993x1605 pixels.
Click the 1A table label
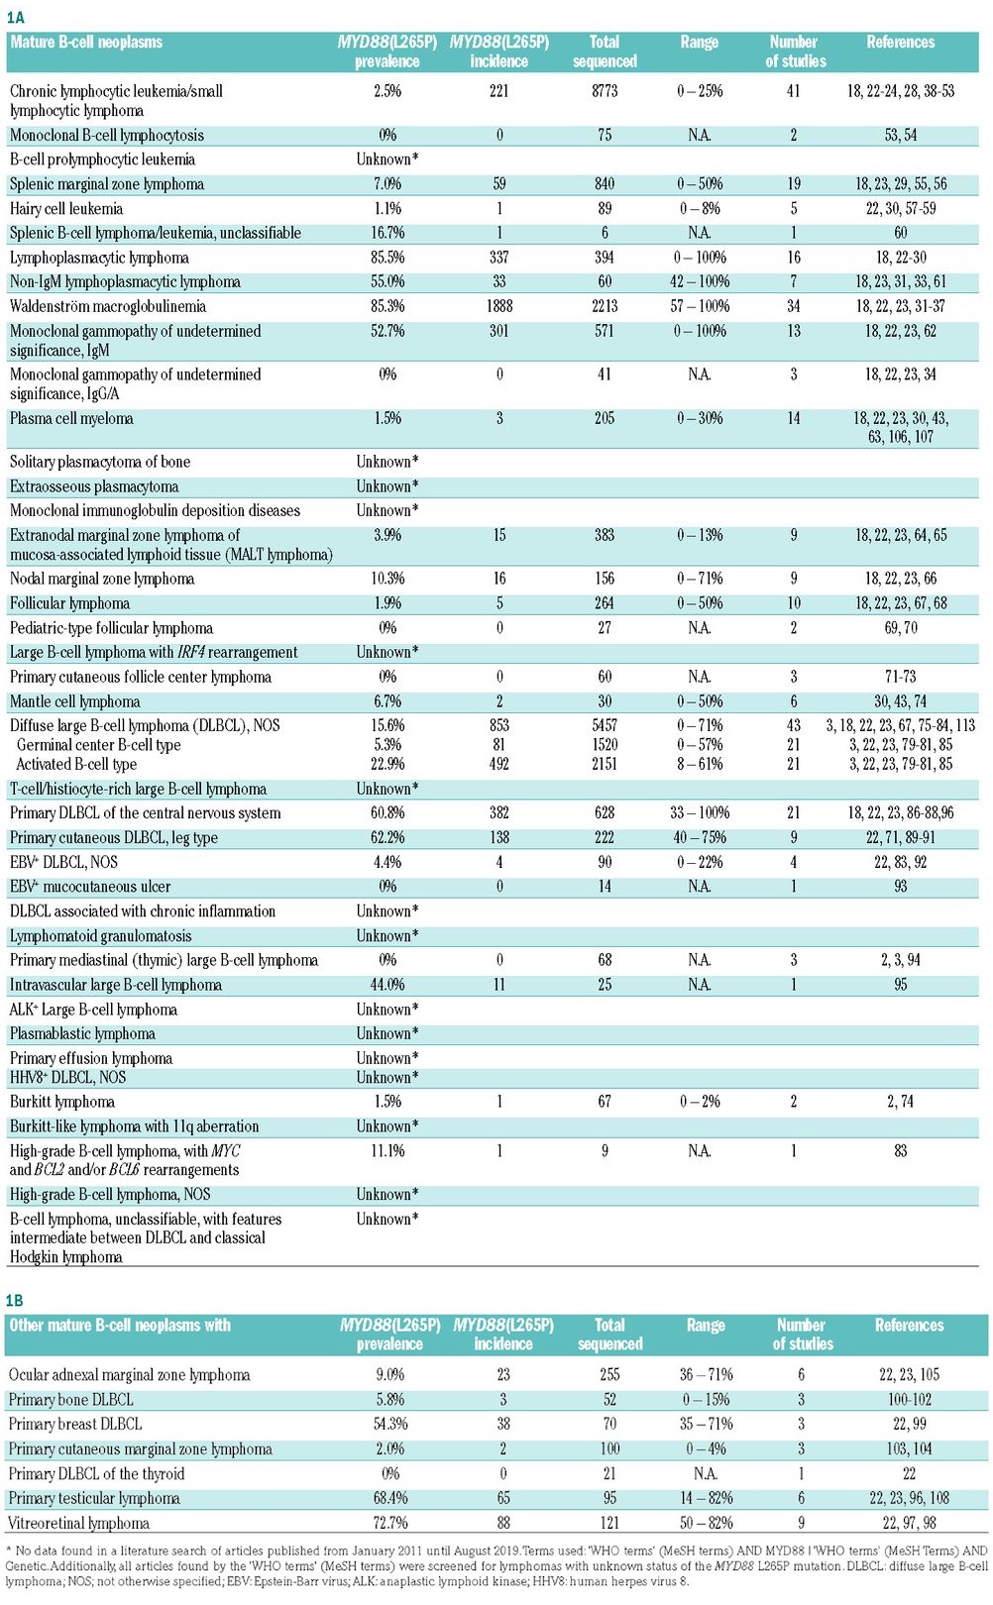pyautogui.click(x=16, y=17)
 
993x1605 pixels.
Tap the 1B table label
pyautogui.click(x=16, y=1300)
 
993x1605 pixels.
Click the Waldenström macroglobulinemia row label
pyautogui.click(x=108, y=306)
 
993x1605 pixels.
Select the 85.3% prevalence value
pyautogui.click(x=387, y=306)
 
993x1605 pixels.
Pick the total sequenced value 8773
pyautogui.click(x=605, y=91)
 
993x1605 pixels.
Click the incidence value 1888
pyautogui.click(x=499, y=306)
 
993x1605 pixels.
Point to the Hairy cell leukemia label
pyautogui.click(x=66, y=208)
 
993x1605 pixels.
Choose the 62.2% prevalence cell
pyautogui.click(x=387, y=837)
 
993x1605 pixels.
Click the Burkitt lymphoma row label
pyautogui.click(x=62, y=1102)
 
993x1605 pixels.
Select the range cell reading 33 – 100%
pyautogui.click(x=700, y=812)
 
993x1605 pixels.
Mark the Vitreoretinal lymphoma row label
pyautogui.click(x=79, y=1523)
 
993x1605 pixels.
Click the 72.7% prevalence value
pyautogui.click(x=389, y=1523)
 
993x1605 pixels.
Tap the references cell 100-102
pyautogui.click(x=909, y=1400)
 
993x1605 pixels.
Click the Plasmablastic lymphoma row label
pyautogui.click(x=82, y=1033)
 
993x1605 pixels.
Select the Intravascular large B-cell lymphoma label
pyautogui.click(x=116, y=985)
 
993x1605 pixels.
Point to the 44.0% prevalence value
pyautogui.click(x=387, y=985)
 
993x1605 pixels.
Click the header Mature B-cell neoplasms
pyautogui.click(x=86, y=42)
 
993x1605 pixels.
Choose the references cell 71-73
pyautogui.click(x=900, y=677)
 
